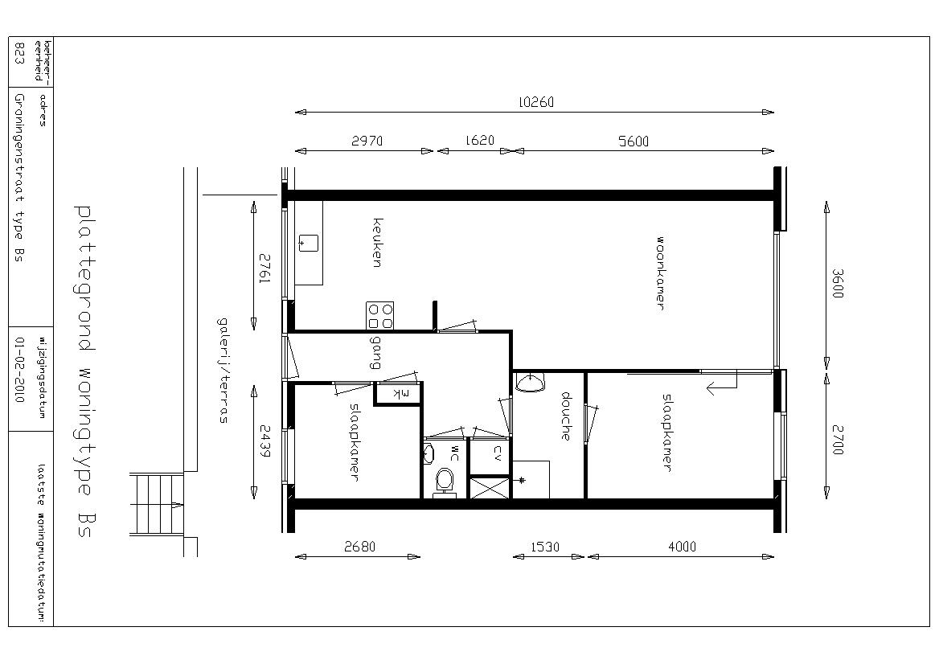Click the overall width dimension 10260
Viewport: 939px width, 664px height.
[536, 102]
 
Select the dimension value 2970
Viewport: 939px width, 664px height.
[367, 141]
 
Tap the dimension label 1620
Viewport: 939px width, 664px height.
[480, 141]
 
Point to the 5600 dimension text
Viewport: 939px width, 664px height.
[633, 142]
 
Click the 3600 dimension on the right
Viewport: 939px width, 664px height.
[838, 284]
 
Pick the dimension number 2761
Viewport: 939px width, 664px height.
[264, 269]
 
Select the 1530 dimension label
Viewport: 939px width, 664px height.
[545, 547]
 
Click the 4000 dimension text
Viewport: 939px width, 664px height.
[682, 547]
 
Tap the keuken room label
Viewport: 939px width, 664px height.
[377, 243]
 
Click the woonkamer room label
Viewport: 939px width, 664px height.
[660, 273]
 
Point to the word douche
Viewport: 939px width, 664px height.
[564, 416]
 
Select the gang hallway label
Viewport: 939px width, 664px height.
[375, 352]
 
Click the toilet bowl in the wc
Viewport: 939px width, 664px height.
[444, 480]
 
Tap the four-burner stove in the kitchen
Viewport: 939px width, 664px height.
[380, 316]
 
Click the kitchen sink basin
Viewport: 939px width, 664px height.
[308, 243]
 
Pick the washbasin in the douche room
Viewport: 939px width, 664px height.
[529, 383]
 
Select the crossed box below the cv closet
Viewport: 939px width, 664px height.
[490, 487]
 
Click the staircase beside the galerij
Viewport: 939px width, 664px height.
[157, 504]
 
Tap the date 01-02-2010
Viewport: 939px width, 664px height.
[19, 370]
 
